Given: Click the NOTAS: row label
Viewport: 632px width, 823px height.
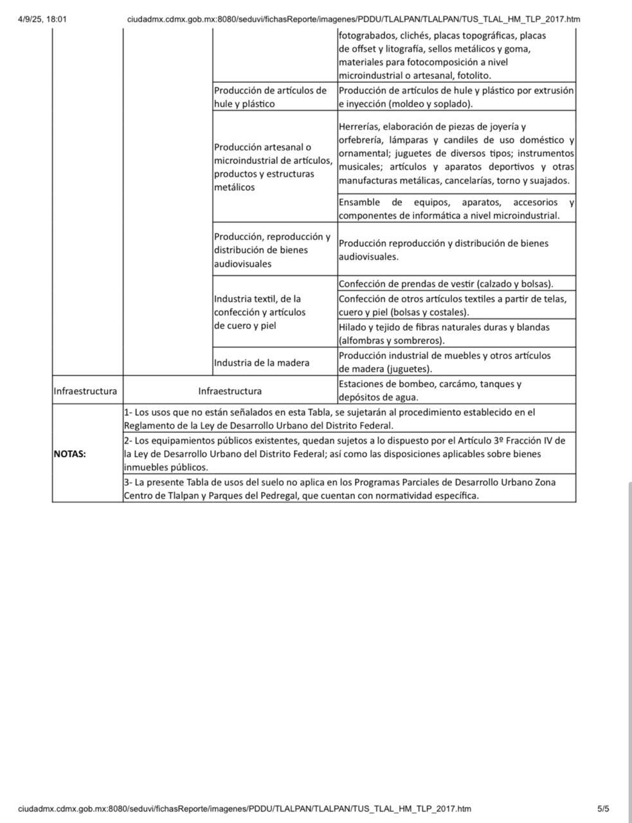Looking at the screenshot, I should pyautogui.click(x=69, y=454).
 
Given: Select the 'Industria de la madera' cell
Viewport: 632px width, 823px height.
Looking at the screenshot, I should pyautogui.click(x=262, y=363).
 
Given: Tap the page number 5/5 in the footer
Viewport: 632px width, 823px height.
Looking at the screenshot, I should pyautogui.click(x=602, y=809).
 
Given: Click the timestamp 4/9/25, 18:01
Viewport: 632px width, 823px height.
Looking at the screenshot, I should pyautogui.click(x=42, y=19).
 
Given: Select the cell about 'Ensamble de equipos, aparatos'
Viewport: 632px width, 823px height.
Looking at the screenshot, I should pyautogui.click(x=456, y=209).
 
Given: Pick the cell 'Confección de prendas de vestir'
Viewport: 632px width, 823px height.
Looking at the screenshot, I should pyautogui.click(x=446, y=284).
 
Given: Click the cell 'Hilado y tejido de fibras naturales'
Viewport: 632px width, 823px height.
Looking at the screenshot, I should pyautogui.click(x=444, y=334).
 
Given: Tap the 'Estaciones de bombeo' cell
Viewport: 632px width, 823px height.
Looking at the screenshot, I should pyautogui.click(x=429, y=390).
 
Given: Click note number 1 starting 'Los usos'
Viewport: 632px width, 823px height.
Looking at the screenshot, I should pyautogui.click(x=329, y=419).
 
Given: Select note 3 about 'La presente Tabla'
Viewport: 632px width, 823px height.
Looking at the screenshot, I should pyautogui.click(x=339, y=489).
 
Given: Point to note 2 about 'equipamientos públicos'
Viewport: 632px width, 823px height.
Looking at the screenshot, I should pyautogui.click(x=344, y=454).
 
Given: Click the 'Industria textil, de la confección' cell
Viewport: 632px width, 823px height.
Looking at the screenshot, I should pyautogui.click(x=259, y=312).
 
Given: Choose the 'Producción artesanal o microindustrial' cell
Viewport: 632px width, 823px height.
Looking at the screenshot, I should pyautogui.click(x=273, y=167).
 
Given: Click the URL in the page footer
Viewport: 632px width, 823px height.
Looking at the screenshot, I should pyautogui.click(x=244, y=809).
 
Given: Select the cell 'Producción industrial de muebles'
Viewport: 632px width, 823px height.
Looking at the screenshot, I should pyautogui.click(x=444, y=362).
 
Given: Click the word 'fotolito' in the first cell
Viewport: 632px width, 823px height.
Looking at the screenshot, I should pyautogui.click(x=474, y=76).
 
